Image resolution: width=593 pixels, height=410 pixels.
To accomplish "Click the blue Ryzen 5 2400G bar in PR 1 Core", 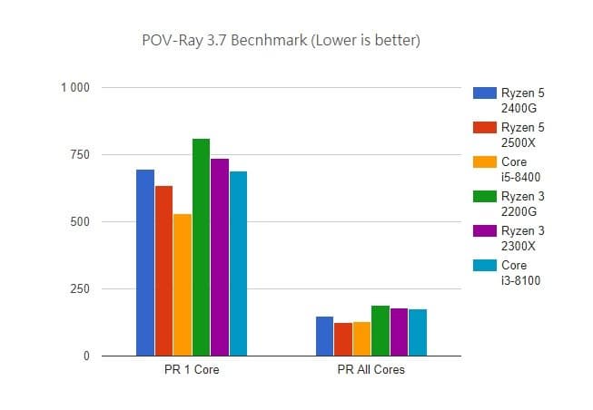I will pyautogui.click(x=145, y=263).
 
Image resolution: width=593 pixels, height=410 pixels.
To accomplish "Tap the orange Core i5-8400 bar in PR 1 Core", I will pyautogui.click(x=183, y=285).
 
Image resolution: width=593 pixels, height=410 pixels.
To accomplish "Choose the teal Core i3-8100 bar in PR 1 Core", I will pyautogui.click(x=238, y=263).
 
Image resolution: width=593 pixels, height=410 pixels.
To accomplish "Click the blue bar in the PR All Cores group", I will pyautogui.click(x=324, y=337).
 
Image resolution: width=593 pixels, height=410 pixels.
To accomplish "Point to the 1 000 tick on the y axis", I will pyautogui.click(x=74, y=87).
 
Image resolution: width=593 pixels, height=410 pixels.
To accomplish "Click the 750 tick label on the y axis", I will pyautogui.click(x=80, y=155).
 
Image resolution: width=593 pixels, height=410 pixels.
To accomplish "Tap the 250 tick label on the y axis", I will pyautogui.click(x=80, y=289).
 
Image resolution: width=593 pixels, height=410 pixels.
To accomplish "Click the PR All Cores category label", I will pyautogui.click(x=371, y=370).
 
